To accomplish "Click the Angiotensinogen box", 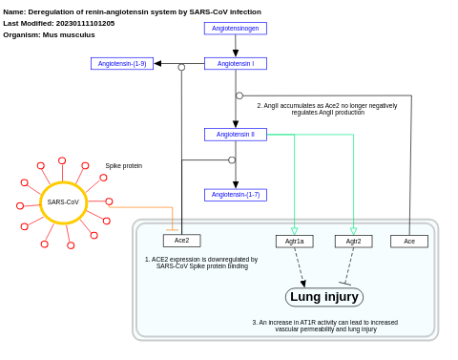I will click(x=235, y=29).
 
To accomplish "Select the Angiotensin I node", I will click(x=235, y=64).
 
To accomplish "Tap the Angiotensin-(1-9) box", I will click(x=122, y=64).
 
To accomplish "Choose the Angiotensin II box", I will click(x=235, y=135).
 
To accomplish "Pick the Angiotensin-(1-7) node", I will click(x=235, y=195).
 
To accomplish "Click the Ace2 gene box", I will click(x=181, y=241).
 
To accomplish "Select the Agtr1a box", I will click(x=294, y=242).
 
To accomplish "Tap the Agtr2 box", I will click(x=353, y=242).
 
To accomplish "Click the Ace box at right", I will click(x=409, y=242).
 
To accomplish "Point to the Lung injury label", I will click(x=324, y=297).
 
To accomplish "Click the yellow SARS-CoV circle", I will click(x=63, y=202).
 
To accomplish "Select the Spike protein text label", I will click(x=123, y=166).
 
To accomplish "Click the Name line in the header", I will click(x=132, y=11).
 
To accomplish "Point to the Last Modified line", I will click(x=59, y=23).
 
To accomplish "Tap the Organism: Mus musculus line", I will click(x=49, y=34).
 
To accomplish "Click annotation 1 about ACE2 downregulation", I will click(x=201, y=263).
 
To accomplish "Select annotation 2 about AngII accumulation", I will click(x=327, y=109).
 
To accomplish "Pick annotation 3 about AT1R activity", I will click(x=325, y=326).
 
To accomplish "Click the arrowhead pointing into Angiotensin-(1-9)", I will click(x=157, y=64).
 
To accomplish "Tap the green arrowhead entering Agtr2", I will click(x=353, y=231).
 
